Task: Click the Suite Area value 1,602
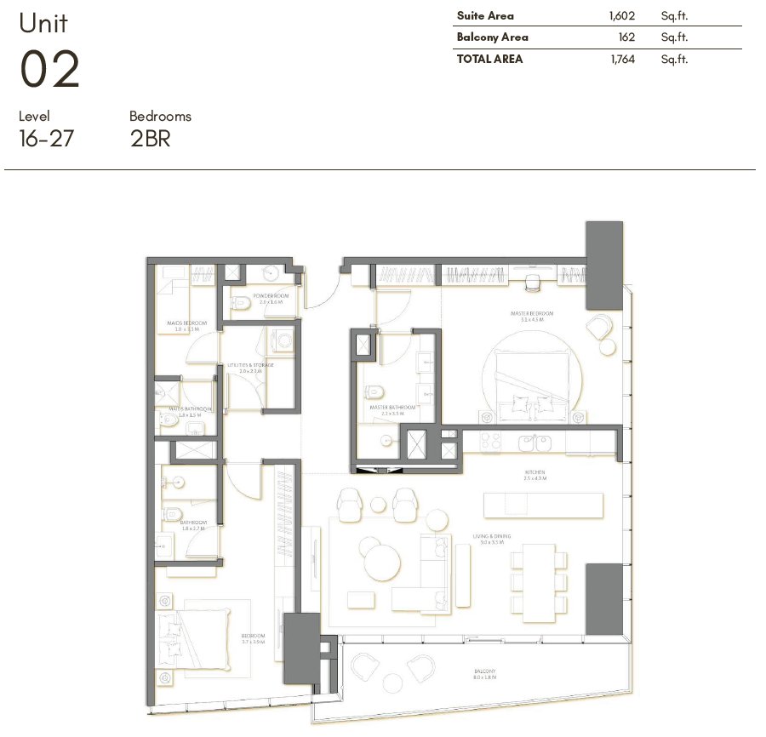point(623,15)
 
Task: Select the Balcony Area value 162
point(628,37)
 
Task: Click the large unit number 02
point(49,70)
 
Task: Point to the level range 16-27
point(46,139)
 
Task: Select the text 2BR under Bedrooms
point(151,139)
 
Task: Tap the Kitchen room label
point(534,472)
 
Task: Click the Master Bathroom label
point(392,408)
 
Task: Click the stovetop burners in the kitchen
point(491,442)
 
